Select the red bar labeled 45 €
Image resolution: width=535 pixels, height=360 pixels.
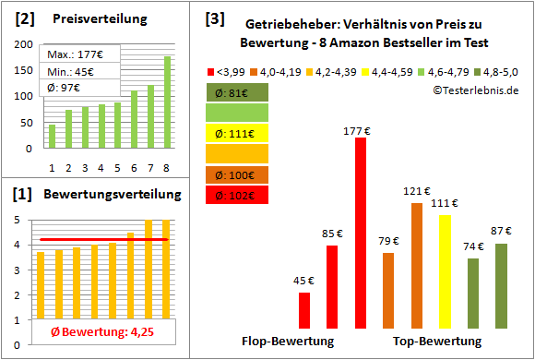(x=304, y=310)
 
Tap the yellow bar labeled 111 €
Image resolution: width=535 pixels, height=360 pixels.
(x=445, y=271)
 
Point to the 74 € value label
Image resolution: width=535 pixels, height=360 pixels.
(x=472, y=246)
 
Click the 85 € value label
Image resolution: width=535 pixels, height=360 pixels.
(x=332, y=234)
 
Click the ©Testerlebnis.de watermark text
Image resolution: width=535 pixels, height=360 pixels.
(x=474, y=90)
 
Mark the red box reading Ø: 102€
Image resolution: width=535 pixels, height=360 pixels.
(x=237, y=195)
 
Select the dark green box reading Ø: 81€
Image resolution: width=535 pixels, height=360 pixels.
(x=237, y=91)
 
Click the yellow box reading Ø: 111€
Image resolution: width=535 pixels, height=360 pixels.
(x=237, y=133)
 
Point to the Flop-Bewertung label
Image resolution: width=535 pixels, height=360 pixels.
(x=288, y=341)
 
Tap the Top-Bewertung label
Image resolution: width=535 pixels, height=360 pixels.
(x=437, y=341)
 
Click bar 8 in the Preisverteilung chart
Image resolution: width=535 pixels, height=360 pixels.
(x=167, y=102)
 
